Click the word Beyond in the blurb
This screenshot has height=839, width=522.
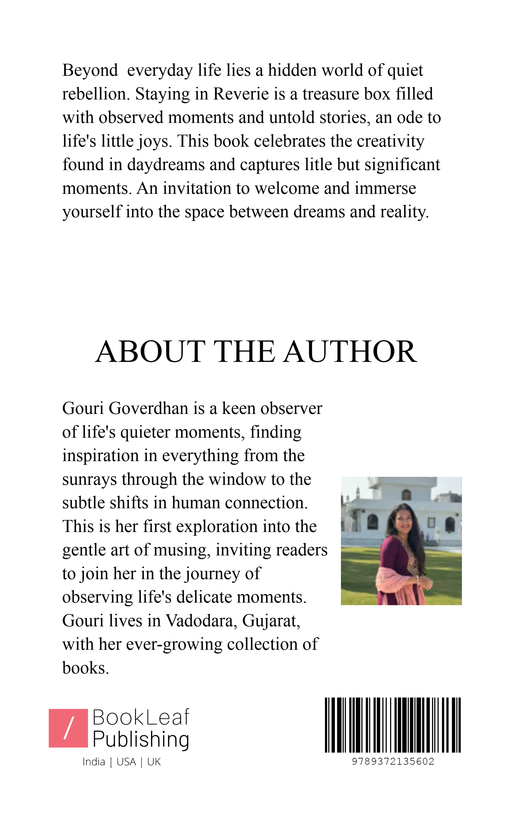click(x=90, y=71)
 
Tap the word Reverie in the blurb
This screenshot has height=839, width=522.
click(x=241, y=94)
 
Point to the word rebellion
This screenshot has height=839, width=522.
click(x=96, y=94)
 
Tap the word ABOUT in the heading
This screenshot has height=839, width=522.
click(x=150, y=352)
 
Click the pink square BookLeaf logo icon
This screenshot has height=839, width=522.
click(x=68, y=728)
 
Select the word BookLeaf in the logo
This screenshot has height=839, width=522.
click(x=141, y=718)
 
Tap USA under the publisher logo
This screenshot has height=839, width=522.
click(x=126, y=762)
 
